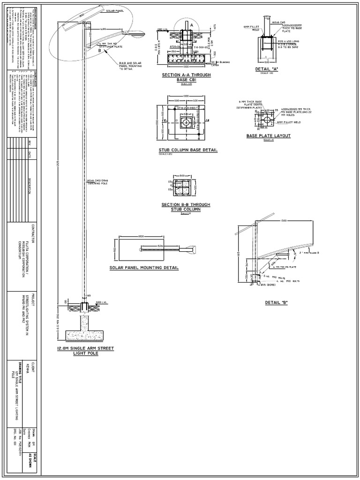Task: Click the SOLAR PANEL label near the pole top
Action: click(x=114, y=10)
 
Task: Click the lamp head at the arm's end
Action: click(x=140, y=33)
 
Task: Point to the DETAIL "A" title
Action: click(x=266, y=69)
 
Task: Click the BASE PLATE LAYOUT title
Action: click(x=269, y=136)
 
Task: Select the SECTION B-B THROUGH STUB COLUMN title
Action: click(x=186, y=207)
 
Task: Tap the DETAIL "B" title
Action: click(x=276, y=303)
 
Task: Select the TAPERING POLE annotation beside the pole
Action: click(x=97, y=181)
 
